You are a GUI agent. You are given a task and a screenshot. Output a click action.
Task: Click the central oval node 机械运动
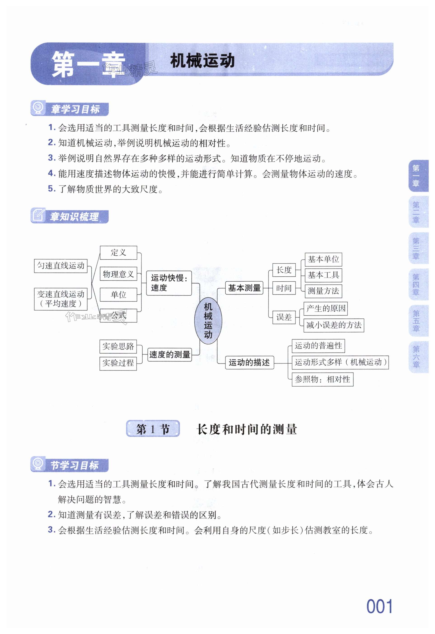click(x=208, y=321)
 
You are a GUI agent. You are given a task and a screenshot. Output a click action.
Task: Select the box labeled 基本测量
click(x=244, y=288)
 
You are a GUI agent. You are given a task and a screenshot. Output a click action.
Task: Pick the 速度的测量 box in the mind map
click(x=169, y=354)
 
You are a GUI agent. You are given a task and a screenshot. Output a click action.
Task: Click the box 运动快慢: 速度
click(x=169, y=283)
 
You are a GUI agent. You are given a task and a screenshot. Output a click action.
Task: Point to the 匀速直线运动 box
click(x=61, y=266)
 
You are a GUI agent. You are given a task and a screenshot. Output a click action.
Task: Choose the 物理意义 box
click(x=118, y=274)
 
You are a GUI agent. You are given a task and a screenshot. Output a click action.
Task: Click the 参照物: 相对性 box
click(x=322, y=379)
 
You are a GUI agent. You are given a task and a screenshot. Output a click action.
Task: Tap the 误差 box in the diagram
click(x=284, y=317)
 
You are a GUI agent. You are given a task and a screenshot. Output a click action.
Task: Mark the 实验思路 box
click(x=118, y=346)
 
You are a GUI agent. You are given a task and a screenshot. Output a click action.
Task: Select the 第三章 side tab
click(x=416, y=248)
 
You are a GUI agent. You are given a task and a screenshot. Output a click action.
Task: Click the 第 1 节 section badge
click(x=153, y=429)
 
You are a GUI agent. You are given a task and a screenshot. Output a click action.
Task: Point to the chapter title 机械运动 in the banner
click(x=202, y=61)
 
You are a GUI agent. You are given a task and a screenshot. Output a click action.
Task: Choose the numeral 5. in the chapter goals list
click(x=52, y=188)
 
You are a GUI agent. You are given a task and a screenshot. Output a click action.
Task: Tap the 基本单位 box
click(x=323, y=259)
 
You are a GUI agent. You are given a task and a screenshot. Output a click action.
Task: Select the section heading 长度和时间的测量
click(x=247, y=429)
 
